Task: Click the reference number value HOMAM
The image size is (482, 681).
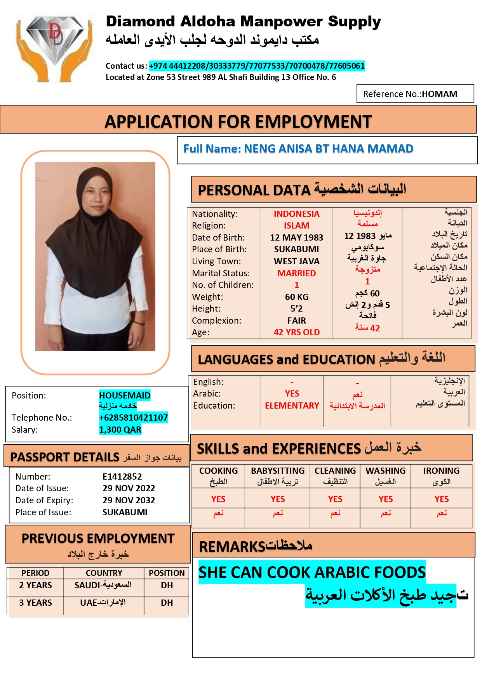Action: tap(439, 94)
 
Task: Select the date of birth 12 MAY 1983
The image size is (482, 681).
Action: tap(296, 237)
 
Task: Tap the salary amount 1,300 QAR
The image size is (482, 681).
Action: tap(120, 430)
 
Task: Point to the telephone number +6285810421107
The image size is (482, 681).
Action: tap(133, 418)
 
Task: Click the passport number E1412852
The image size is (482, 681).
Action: tap(122, 477)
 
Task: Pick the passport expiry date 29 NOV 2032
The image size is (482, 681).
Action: tap(129, 500)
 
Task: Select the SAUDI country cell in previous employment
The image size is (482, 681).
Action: tap(103, 585)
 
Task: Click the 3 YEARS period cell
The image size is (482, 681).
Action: tap(35, 603)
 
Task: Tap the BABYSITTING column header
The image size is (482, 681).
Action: tap(278, 471)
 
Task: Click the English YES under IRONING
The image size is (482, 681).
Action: tap(442, 499)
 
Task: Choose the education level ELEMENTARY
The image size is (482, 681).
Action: tap(292, 405)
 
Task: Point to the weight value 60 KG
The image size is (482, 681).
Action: tap(297, 297)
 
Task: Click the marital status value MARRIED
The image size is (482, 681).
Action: tap(297, 273)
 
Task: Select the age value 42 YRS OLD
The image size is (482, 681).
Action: tap(297, 332)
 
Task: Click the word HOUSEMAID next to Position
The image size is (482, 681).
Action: tap(125, 395)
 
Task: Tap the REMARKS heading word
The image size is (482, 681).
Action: tap(231, 547)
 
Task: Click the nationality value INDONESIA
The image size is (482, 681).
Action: tap(296, 214)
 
